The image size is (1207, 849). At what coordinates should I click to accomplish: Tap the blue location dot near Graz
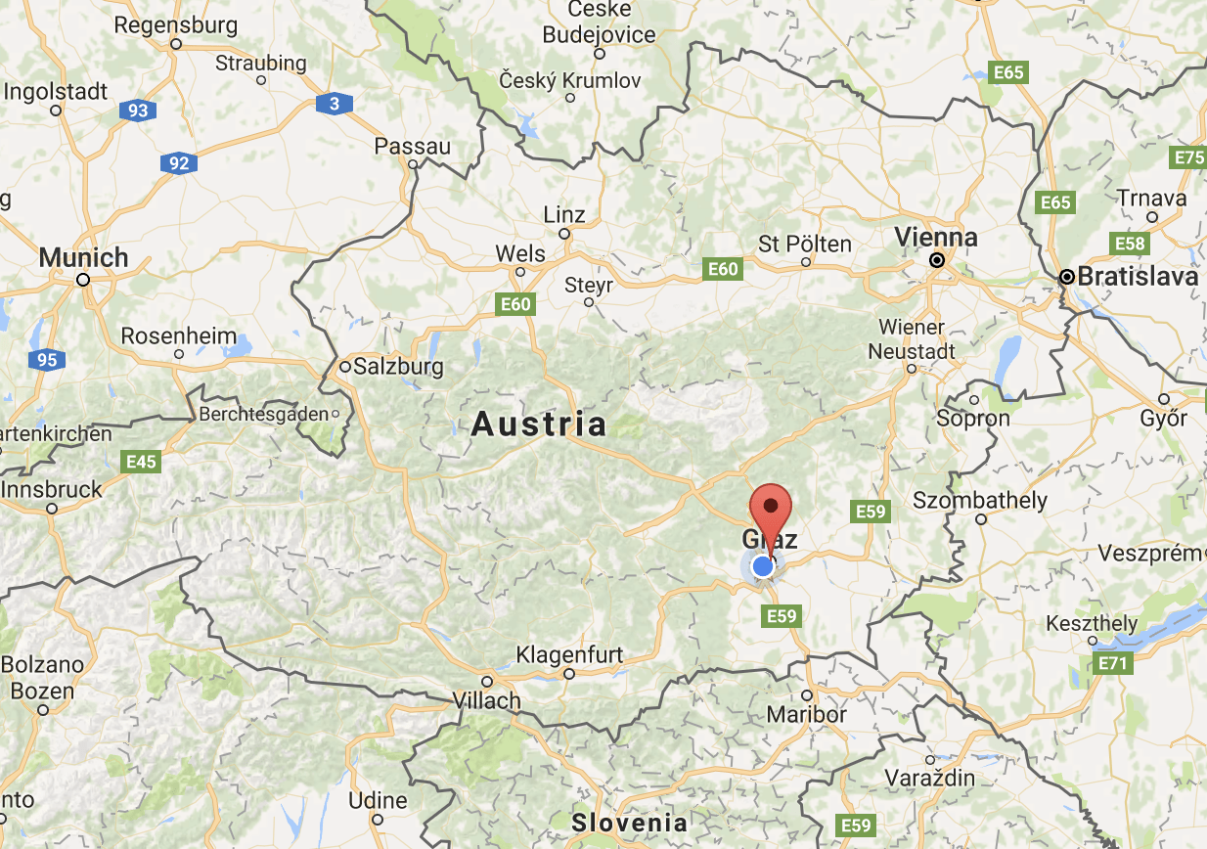(x=763, y=566)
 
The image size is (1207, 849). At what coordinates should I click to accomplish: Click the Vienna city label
(x=935, y=238)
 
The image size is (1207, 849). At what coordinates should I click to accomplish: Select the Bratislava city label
(x=1137, y=277)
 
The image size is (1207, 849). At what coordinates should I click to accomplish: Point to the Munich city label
(x=83, y=258)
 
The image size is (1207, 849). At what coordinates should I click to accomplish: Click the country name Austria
(x=539, y=424)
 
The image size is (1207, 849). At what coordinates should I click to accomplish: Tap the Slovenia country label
(x=630, y=822)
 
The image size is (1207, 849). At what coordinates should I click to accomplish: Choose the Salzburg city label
(x=398, y=368)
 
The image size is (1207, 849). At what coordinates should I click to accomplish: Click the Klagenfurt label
(x=569, y=654)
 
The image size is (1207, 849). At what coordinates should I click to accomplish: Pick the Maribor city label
(x=807, y=714)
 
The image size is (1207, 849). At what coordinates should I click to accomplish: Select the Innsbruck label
(x=52, y=489)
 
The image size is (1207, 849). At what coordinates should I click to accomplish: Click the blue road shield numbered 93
(x=138, y=111)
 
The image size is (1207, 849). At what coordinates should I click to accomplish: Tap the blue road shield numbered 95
(x=47, y=360)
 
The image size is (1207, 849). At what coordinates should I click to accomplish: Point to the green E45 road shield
(x=141, y=461)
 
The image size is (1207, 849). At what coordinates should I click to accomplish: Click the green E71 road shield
(x=1113, y=664)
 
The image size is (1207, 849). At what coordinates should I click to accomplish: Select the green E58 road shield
(x=1129, y=243)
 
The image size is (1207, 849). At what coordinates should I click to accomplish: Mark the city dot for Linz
(x=564, y=234)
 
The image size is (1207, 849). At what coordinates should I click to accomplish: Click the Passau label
(x=413, y=147)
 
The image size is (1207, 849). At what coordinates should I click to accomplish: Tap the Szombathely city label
(x=980, y=501)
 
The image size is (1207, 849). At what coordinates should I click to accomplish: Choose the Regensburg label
(x=175, y=24)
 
